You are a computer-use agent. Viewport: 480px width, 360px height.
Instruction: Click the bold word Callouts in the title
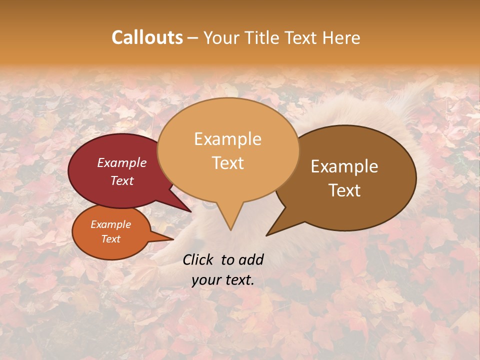(x=147, y=37)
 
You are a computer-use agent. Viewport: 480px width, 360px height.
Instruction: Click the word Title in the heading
(x=263, y=37)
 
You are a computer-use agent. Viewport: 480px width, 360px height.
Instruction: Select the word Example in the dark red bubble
(x=122, y=162)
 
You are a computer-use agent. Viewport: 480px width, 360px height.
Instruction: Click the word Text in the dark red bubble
(x=122, y=180)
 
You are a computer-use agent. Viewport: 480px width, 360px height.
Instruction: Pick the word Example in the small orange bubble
(x=111, y=224)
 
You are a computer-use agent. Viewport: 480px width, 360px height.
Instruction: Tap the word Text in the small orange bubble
(x=111, y=239)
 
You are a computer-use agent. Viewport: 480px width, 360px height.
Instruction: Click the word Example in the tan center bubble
(x=227, y=139)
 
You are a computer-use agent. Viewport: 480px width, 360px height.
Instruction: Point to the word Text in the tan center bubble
(x=227, y=163)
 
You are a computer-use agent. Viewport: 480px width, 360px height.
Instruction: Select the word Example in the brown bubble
(x=344, y=166)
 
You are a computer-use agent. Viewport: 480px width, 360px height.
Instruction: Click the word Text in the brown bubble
(x=344, y=190)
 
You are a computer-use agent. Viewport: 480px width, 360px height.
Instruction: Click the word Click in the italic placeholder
(x=198, y=259)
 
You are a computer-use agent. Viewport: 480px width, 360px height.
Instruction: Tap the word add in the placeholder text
(x=251, y=259)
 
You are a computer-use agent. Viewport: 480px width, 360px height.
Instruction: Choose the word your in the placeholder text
(x=205, y=280)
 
